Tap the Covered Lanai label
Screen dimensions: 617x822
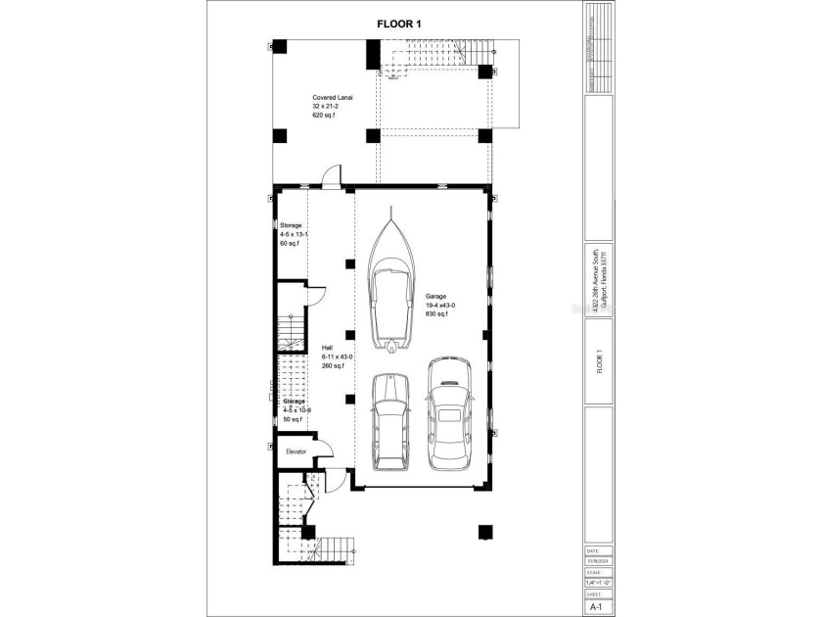coord(333,98)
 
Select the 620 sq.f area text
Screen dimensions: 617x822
coord(324,116)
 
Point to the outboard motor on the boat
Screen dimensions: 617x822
coord(391,346)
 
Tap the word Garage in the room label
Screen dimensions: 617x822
coord(435,295)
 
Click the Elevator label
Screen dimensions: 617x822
coord(296,451)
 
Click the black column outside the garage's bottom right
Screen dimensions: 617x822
coord(484,532)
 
